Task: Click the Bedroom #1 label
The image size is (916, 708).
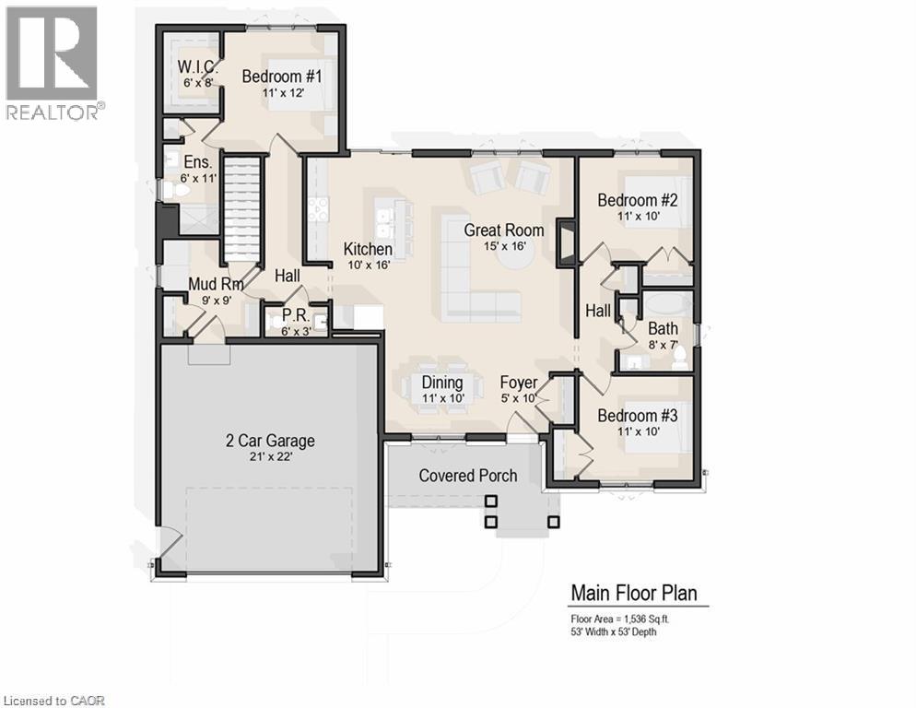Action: pos(282,77)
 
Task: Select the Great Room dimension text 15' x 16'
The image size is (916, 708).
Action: pos(503,246)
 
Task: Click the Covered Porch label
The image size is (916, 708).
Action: pos(468,476)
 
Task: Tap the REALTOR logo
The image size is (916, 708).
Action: pos(53,63)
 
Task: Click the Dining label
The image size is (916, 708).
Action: pos(442,383)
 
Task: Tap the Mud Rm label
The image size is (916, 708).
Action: pos(216,284)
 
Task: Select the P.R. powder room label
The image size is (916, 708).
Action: pos(293,314)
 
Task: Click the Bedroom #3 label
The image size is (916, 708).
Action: pos(638,416)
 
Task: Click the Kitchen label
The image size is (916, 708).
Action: pos(368,249)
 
